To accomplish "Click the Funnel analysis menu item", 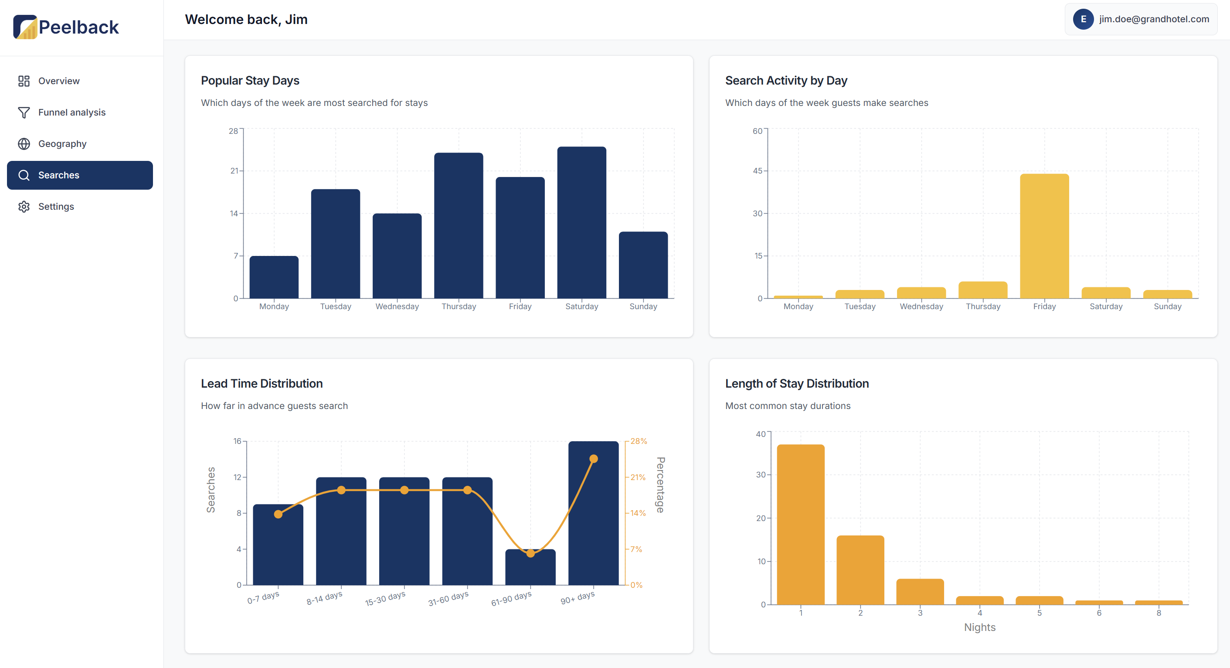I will click(71, 112).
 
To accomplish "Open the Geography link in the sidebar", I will click(62, 144).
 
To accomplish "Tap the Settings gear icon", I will click(24, 206).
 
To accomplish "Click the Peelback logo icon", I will click(25, 27).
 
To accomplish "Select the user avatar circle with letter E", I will click(1083, 19).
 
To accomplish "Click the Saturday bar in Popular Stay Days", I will click(581, 223).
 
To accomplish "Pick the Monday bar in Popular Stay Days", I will click(274, 277).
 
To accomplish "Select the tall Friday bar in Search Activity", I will click(1044, 236).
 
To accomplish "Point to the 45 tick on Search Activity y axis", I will click(757, 170).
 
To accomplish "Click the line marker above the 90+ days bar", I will click(594, 459).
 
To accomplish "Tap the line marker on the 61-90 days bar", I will click(530, 553).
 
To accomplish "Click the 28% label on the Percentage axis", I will click(639, 441).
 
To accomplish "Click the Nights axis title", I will click(979, 627).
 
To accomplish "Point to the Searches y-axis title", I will click(211, 490).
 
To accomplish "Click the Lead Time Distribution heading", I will click(262, 384).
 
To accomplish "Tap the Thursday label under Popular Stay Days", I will click(459, 306).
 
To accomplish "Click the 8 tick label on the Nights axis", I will click(1159, 613).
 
